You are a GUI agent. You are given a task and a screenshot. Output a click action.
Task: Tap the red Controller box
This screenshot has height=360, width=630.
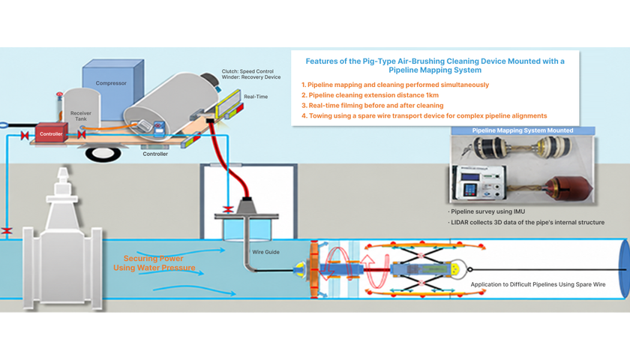51,133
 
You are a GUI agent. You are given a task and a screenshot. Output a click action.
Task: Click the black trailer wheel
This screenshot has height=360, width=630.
103,154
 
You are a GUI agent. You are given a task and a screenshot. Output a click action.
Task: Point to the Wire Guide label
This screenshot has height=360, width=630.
265,252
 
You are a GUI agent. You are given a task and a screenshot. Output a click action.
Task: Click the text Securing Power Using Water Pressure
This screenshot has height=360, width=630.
154,263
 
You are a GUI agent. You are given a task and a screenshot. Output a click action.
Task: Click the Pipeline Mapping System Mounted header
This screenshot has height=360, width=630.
522,130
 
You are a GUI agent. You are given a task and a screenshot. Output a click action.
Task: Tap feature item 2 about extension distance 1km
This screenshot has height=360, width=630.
370,95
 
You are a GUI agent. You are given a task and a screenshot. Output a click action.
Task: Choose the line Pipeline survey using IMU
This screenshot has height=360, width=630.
487,211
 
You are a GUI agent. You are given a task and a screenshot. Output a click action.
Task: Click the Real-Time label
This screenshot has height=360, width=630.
256,97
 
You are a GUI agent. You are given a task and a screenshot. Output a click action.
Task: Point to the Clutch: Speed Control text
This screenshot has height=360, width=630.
247,71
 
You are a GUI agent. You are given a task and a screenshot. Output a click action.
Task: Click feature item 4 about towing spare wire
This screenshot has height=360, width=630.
424,115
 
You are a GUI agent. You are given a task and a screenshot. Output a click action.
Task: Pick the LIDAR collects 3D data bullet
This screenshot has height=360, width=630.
526,222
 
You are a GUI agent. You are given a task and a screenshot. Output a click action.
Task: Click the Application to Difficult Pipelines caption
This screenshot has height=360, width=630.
538,284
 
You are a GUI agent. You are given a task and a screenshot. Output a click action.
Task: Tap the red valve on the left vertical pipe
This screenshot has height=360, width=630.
7,231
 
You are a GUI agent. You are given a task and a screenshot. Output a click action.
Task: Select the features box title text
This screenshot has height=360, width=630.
435,65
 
